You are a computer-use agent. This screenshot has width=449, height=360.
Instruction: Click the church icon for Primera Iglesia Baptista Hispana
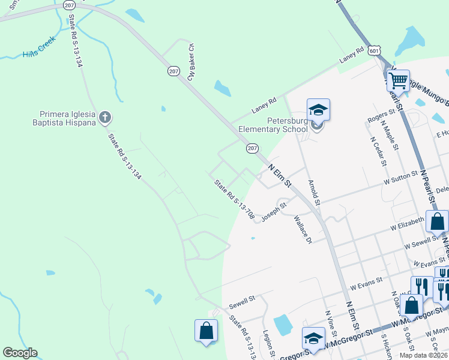point(105,117)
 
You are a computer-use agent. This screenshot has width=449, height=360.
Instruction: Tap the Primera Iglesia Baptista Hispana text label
point(68,118)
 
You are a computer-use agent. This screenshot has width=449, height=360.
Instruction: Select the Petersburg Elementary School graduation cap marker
point(318,110)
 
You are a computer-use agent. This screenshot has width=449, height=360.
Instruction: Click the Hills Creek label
point(38,47)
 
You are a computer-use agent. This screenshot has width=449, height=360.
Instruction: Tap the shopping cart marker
point(398,80)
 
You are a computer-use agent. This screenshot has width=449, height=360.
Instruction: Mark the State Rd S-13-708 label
point(234,199)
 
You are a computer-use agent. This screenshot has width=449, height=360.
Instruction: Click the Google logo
point(20,353)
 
